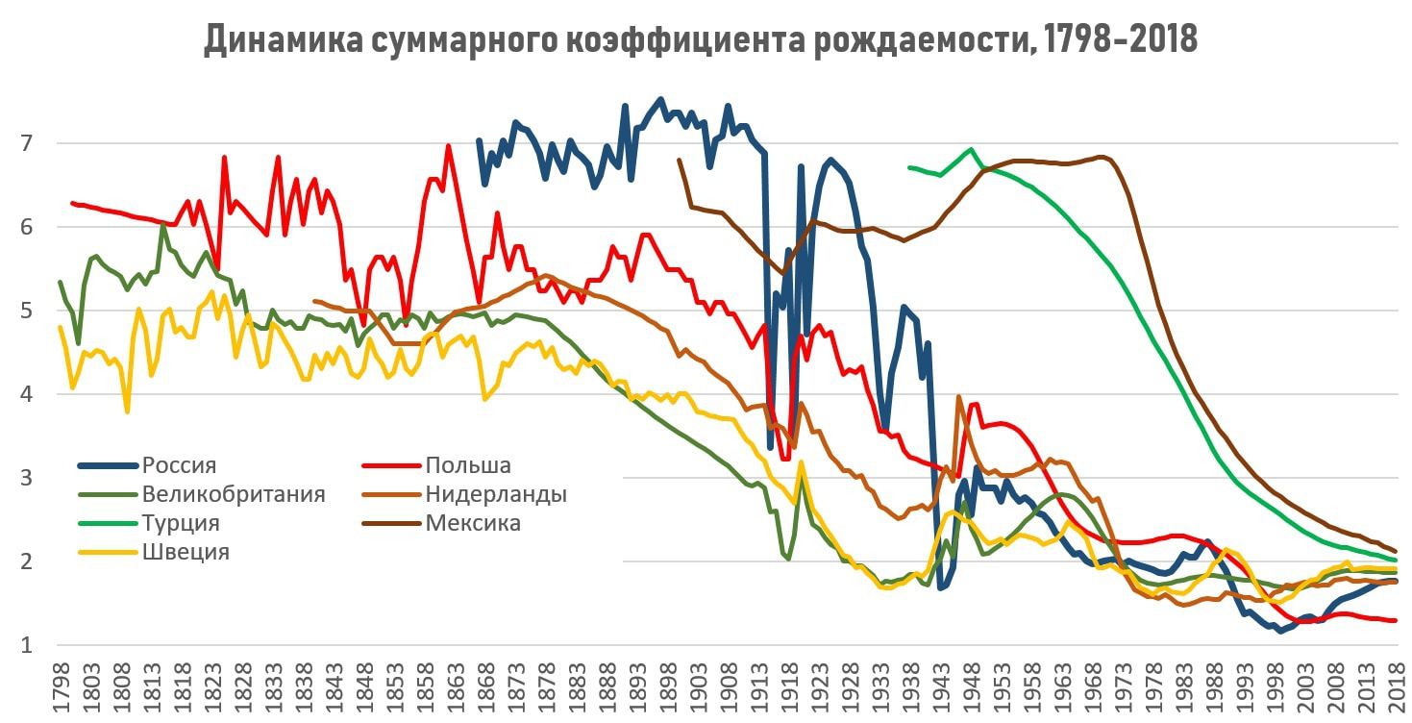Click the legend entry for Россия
[x=179, y=466]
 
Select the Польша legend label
[x=467, y=466]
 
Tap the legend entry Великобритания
[x=234, y=495]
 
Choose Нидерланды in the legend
[x=495, y=495]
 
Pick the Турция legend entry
[x=181, y=524]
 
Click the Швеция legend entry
[x=186, y=552]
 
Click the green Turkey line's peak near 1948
[x=971, y=149]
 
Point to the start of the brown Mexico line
[x=679, y=161]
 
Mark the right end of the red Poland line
[x=1396, y=621]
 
